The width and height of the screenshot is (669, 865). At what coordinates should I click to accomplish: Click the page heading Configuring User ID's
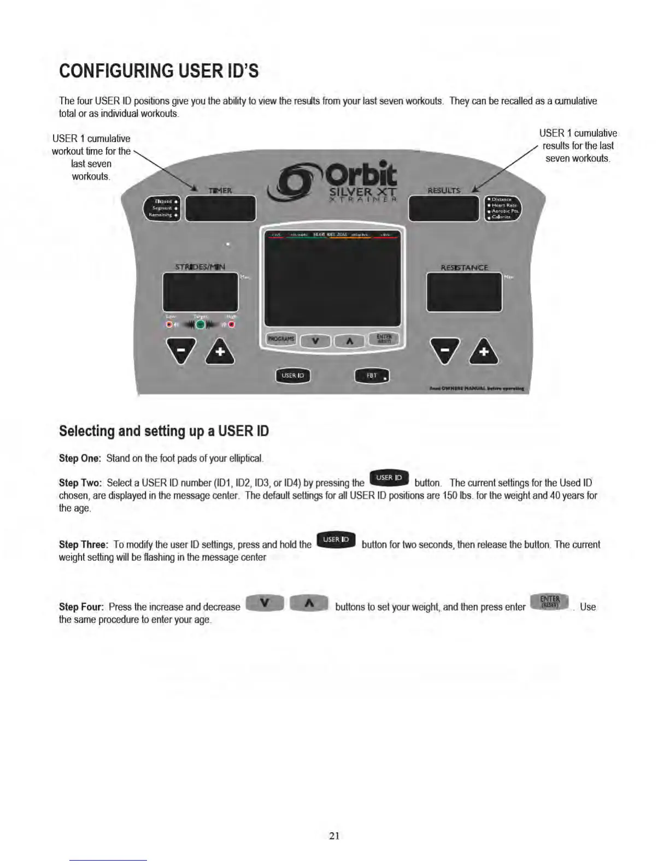point(159,71)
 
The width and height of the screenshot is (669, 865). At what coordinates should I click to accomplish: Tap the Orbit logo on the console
point(333,180)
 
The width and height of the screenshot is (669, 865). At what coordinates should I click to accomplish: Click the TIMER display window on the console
point(220,208)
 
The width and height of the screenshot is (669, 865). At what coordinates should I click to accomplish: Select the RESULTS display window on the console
point(444,208)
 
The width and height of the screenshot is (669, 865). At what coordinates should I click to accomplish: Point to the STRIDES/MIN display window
point(200,292)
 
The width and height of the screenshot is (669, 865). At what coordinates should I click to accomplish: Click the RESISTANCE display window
point(464,292)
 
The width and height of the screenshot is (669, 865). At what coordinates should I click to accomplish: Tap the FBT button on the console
point(372,376)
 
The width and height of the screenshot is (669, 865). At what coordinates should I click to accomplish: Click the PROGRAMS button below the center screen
point(281,339)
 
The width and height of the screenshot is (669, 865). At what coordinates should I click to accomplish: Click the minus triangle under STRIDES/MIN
point(181,351)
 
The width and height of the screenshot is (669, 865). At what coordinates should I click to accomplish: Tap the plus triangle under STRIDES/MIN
point(220,352)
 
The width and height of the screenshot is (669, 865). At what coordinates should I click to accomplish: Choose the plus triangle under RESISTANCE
point(484,352)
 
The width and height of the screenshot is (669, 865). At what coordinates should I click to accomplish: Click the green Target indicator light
point(201,324)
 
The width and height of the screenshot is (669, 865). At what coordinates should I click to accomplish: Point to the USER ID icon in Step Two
point(389,478)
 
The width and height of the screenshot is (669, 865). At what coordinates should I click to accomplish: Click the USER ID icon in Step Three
point(336,540)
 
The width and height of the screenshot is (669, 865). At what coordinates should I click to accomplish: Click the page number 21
point(334,836)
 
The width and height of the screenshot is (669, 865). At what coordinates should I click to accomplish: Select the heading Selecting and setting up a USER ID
point(164,431)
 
